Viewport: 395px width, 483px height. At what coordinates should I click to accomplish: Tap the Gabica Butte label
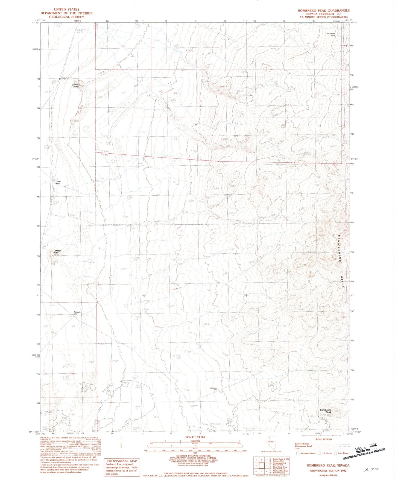point(75,86)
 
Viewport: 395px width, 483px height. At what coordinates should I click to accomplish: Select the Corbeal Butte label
point(57,252)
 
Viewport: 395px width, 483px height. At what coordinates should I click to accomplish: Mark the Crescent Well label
point(214,389)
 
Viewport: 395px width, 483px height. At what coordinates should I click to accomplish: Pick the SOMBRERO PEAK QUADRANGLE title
point(324,11)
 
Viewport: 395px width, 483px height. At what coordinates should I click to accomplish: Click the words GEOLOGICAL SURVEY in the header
point(66,17)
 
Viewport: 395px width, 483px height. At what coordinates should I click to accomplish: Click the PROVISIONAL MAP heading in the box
point(122,461)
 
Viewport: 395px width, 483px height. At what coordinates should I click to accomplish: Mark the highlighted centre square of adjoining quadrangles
point(262,465)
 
